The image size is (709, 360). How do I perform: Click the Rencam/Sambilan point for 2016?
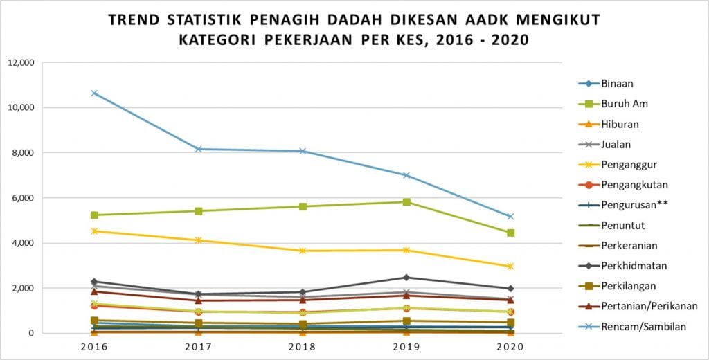(x=94, y=93)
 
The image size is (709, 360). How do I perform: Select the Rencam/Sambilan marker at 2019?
(x=406, y=175)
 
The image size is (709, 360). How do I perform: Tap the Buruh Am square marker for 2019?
(x=406, y=202)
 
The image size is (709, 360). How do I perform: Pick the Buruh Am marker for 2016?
(x=94, y=215)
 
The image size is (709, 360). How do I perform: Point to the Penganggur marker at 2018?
(x=303, y=251)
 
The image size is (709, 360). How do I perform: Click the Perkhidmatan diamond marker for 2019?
(x=406, y=278)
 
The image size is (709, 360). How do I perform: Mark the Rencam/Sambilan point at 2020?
(x=510, y=217)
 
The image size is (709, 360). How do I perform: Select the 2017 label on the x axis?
(x=198, y=346)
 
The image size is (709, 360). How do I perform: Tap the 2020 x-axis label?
(x=510, y=346)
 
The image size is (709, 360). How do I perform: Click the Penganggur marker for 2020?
(x=510, y=267)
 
